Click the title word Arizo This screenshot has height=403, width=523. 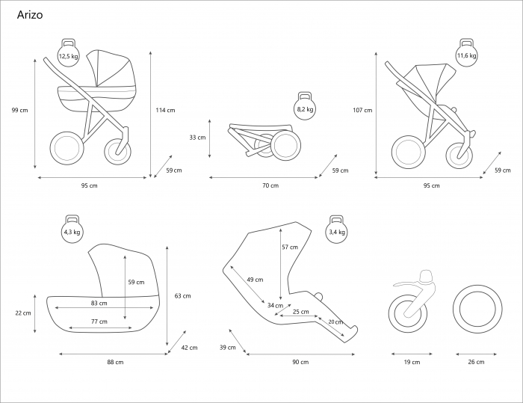pyautogui.click(x=29, y=13)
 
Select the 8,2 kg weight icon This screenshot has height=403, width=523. pyautogui.click(x=305, y=108)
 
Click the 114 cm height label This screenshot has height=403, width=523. pyautogui.click(x=165, y=110)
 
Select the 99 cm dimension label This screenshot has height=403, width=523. pyautogui.click(x=20, y=110)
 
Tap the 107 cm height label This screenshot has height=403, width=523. pyautogui.click(x=362, y=110)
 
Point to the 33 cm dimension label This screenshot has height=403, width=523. pyautogui.click(x=196, y=138)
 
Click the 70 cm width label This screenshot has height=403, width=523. pyautogui.click(x=270, y=185)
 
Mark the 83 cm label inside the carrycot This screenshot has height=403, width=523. pyautogui.click(x=99, y=304)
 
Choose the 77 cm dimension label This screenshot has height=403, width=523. pyautogui.click(x=99, y=322)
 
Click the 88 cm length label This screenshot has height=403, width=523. pyautogui.click(x=115, y=362)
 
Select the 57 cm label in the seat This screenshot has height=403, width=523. pyautogui.click(x=289, y=247)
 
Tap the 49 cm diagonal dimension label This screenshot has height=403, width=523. pyautogui.click(x=255, y=280)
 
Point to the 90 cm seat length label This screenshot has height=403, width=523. pyautogui.click(x=300, y=362)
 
